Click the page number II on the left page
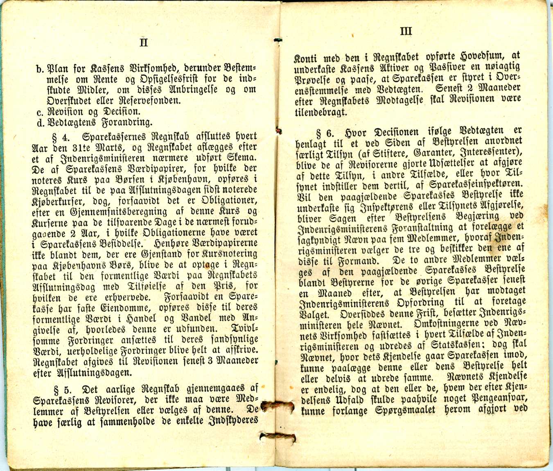[143, 43]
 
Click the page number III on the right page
[406, 31]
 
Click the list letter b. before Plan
[40, 69]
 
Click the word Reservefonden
[153, 101]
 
